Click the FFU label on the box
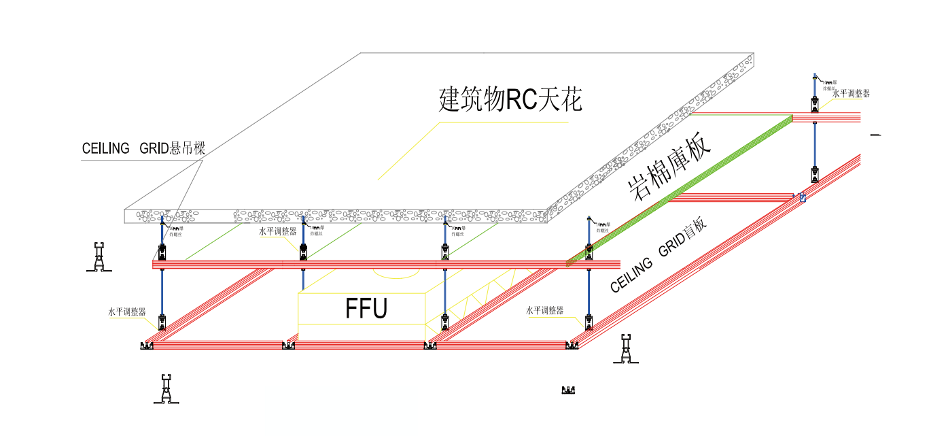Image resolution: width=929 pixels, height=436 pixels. pyautogui.click(x=366, y=308)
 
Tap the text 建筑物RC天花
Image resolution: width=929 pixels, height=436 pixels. pyautogui.click(x=510, y=100)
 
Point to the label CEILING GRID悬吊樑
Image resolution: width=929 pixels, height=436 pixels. pyautogui.click(x=143, y=148)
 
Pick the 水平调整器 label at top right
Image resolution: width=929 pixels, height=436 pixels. pyautogui.click(x=851, y=94)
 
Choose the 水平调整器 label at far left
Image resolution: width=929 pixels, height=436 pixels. pyautogui.click(x=127, y=312)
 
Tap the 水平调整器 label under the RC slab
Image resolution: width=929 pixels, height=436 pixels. pyautogui.click(x=277, y=231)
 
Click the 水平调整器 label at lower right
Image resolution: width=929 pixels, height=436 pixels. pyautogui.click(x=545, y=310)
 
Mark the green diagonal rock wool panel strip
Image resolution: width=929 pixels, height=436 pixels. pyautogui.click(x=680, y=190)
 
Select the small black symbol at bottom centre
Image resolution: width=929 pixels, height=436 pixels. pyautogui.click(x=569, y=390)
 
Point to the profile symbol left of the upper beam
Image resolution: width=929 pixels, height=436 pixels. pyautogui.click(x=100, y=256)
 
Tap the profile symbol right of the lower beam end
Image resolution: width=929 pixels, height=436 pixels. pyautogui.click(x=626, y=349)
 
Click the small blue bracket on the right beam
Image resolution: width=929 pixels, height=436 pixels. pyautogui.click(x=803, y=198)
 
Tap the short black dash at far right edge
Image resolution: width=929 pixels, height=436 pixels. pyautogui.click(x=875, y=135)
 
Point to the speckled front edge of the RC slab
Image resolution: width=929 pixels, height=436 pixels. pyautogui.click(x=340, y=216)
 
